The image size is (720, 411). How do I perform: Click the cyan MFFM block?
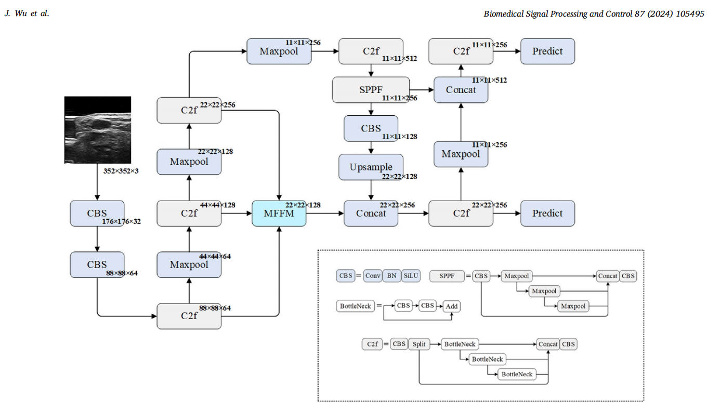tap(279, 214)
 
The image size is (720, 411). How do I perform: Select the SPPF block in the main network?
tap(371, 90)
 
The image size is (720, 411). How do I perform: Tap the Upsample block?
tap(371, 167)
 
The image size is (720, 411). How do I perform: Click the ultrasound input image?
tap(98, 130)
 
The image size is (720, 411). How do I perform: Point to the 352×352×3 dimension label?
tap(121, 171)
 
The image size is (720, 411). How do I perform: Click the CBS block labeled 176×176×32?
tap(97, 214)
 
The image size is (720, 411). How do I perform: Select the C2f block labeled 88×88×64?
tap(189, 316)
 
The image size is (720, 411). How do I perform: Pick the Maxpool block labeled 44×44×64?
tap(189, 264)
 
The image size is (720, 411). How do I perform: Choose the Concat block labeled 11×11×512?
tap(461, 90)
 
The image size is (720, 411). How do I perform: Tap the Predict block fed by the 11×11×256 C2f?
tap(548, 51)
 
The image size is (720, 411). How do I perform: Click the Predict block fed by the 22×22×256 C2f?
tap(548, 214)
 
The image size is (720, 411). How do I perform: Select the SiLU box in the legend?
tap(411, 276)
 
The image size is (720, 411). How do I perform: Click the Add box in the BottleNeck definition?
tap(452, 306)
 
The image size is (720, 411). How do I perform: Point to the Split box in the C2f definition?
tap(419, 344)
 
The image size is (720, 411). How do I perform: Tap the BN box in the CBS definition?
tap(391, 276)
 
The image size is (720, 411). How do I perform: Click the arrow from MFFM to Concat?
tap(325, 214)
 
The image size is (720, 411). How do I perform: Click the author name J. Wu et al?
tap(27, 14)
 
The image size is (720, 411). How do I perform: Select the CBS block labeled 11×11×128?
tap(371, 128)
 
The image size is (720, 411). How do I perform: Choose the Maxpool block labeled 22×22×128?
tap(189, 162)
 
